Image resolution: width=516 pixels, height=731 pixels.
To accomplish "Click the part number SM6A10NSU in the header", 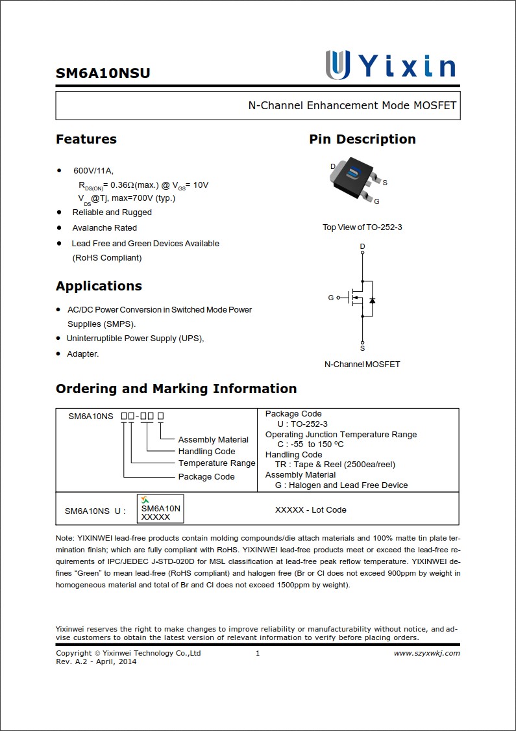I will (x=103, y=73).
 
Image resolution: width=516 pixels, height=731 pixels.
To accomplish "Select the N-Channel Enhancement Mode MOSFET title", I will (x=352, y=105).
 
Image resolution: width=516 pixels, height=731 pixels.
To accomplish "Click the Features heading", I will (x=86, y=139).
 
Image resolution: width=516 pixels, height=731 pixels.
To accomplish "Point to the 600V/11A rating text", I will (x=93, y=171).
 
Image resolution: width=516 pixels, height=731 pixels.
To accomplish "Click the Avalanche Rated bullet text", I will (x=104, y=228).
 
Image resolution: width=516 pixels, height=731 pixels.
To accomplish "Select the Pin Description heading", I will (x=362, y=139).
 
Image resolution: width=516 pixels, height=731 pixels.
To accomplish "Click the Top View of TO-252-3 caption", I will (x=362, y=227).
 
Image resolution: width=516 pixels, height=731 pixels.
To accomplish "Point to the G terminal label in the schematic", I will (x=330, y=298).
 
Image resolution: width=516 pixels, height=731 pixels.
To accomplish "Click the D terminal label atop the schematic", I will (x=362, y=246).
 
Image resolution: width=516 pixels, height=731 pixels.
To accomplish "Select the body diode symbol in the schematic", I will (x=372, y=300).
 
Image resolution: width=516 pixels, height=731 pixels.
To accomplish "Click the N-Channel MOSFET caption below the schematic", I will (x=362, y=365).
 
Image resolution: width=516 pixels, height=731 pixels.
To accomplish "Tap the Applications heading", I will (x=99, y=286).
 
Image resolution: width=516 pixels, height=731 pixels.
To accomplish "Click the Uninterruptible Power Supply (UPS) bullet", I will (x=135, y=339).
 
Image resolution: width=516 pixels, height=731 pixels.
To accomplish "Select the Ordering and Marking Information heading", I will (x=176, y=389).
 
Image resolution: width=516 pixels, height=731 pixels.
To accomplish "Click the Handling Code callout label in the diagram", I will (x=206, y=452).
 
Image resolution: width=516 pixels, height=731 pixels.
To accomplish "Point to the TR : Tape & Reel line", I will (x=335, y=465).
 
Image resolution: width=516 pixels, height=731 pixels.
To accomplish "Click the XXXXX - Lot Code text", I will (x=310, y=510).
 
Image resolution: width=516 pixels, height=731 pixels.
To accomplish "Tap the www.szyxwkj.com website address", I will (x=426, y=653).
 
